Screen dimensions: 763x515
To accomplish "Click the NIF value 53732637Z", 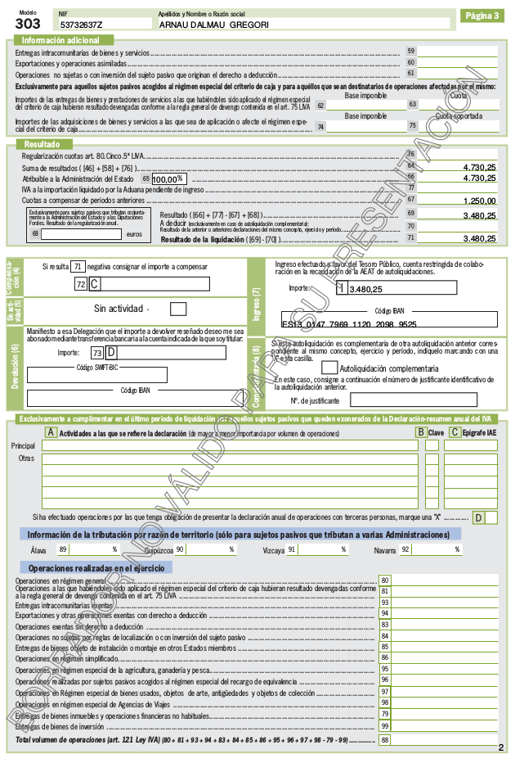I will pyautogui.click(x=82, y=25).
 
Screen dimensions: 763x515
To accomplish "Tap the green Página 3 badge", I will pyautogui.click(x=482, y=16).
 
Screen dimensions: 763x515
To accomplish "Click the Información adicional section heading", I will pyautogui.click(x=60, y=40).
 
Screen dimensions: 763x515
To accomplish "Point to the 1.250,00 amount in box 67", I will pyautogui.click(x=479, y=201).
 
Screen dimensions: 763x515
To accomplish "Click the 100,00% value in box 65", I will pyautogui.click(x=168, y=178).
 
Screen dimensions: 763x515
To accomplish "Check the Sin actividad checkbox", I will pyautogui.click(x=178, y=309).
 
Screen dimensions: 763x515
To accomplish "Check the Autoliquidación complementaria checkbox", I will pyautogui.click(x=329, y=368).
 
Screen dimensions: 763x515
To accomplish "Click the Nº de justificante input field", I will pyautogui.click(x=401, y=400).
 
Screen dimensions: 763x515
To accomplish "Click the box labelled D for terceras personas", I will pyautogui.click(x=490, y=517).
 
